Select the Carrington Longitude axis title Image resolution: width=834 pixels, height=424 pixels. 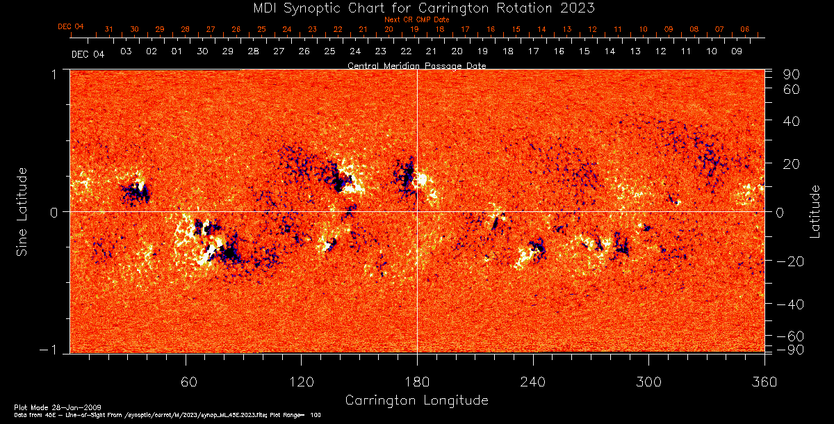[416, 400]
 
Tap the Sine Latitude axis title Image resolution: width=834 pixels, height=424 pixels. [22, 211]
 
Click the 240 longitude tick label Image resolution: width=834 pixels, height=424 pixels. [532, 382]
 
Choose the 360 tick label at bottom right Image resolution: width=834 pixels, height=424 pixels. [764, 382]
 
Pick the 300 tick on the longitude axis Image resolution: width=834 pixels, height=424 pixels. [648, 382]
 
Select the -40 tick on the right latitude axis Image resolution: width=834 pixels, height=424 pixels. [790, 304]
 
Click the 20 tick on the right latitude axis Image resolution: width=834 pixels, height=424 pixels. [790, 164]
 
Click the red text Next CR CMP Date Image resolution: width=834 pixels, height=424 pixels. [416, 19]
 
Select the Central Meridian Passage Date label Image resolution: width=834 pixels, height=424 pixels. [416, 65]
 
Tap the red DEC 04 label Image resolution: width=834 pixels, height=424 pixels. [71, 26]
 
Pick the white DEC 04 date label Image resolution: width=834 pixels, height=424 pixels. [88, 54]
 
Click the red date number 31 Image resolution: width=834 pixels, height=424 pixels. [108, 29]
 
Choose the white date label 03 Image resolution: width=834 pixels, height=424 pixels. [126, 51]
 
